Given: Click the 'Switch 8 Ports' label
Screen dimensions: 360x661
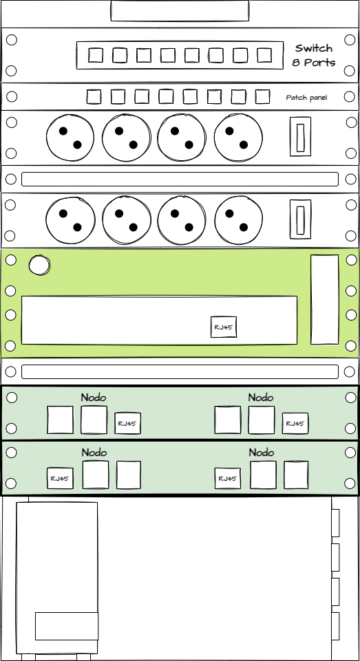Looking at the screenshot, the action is pos(315,55).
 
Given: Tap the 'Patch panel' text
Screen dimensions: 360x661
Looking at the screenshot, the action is pos(306,98).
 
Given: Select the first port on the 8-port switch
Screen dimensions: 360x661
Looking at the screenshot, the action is pos(96,55).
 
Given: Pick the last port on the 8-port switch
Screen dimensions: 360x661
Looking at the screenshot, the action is pos(264,55).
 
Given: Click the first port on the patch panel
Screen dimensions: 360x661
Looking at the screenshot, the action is pos(94,96).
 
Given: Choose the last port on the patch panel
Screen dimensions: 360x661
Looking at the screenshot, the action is pos(262,96).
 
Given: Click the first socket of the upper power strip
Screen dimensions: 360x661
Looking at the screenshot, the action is pos(70,138).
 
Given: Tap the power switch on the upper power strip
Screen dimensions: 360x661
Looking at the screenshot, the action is pos(301,137).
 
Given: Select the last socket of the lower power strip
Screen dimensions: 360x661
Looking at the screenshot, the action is pos(238,220).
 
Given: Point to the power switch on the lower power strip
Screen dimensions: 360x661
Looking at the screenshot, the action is pos(301,219).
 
